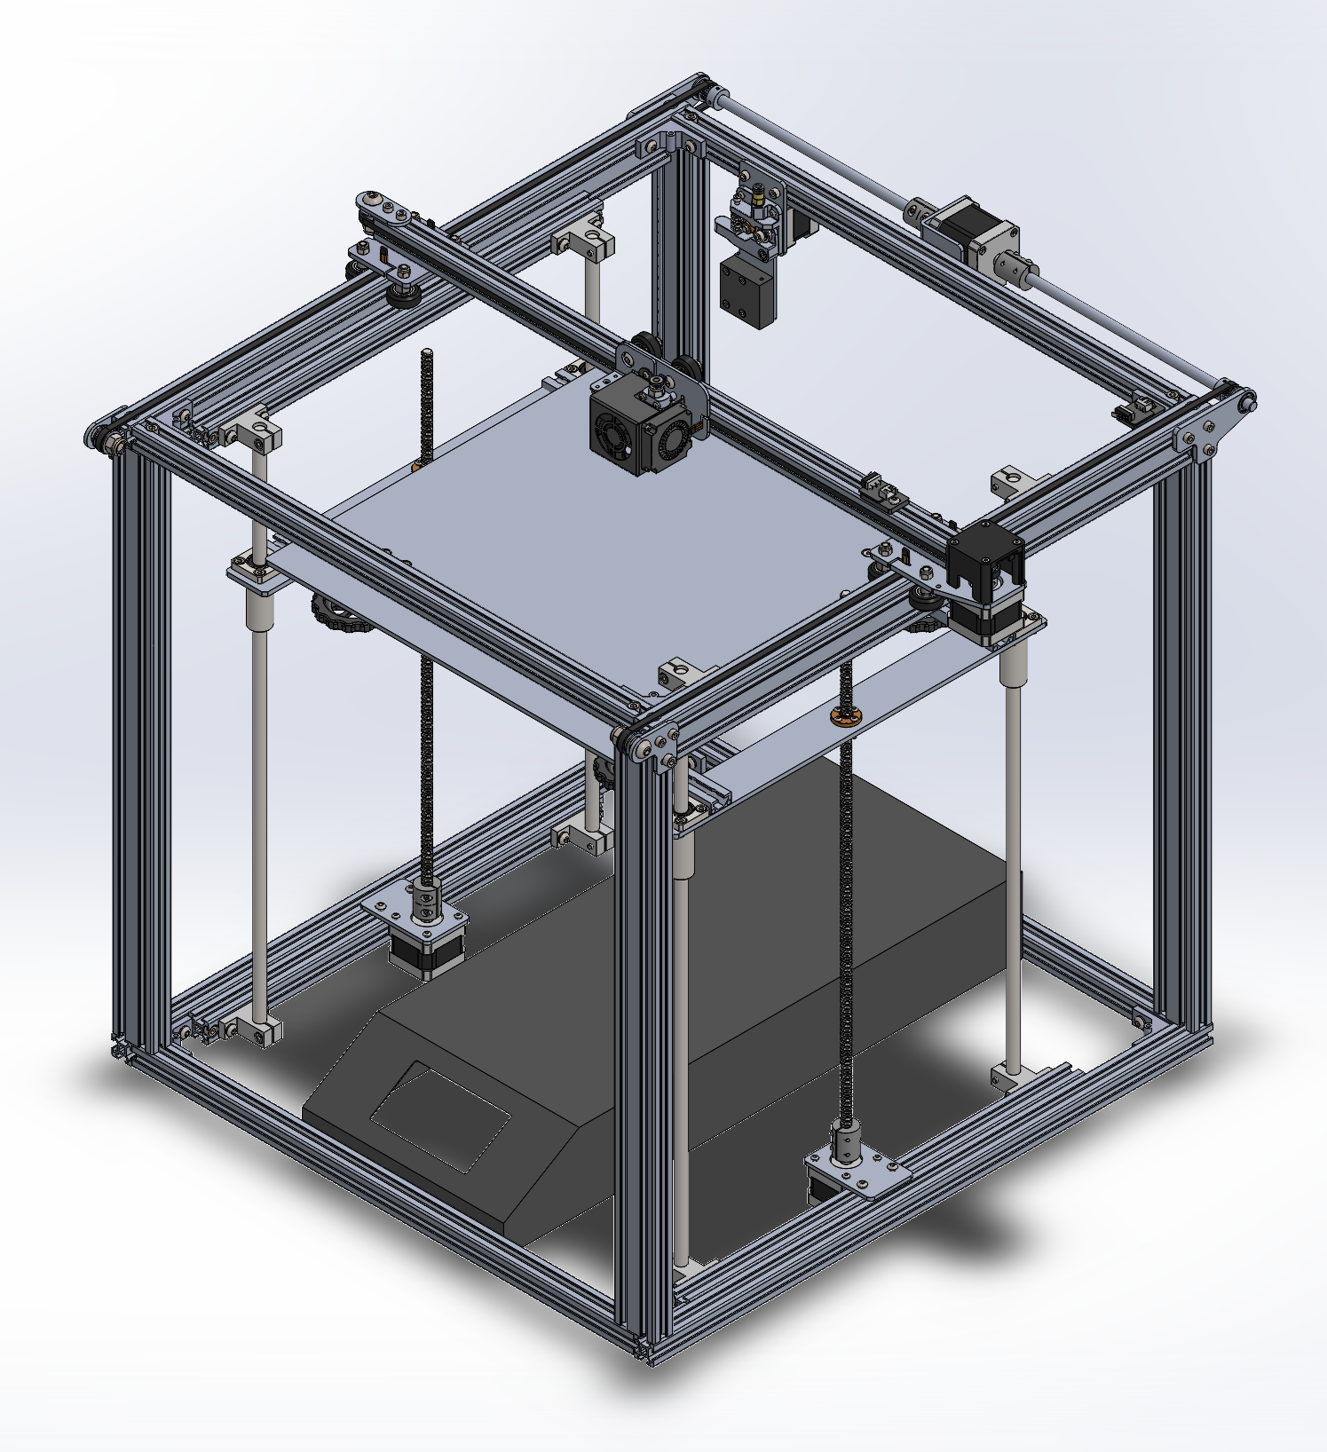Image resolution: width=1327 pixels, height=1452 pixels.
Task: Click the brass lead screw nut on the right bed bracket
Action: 839,715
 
